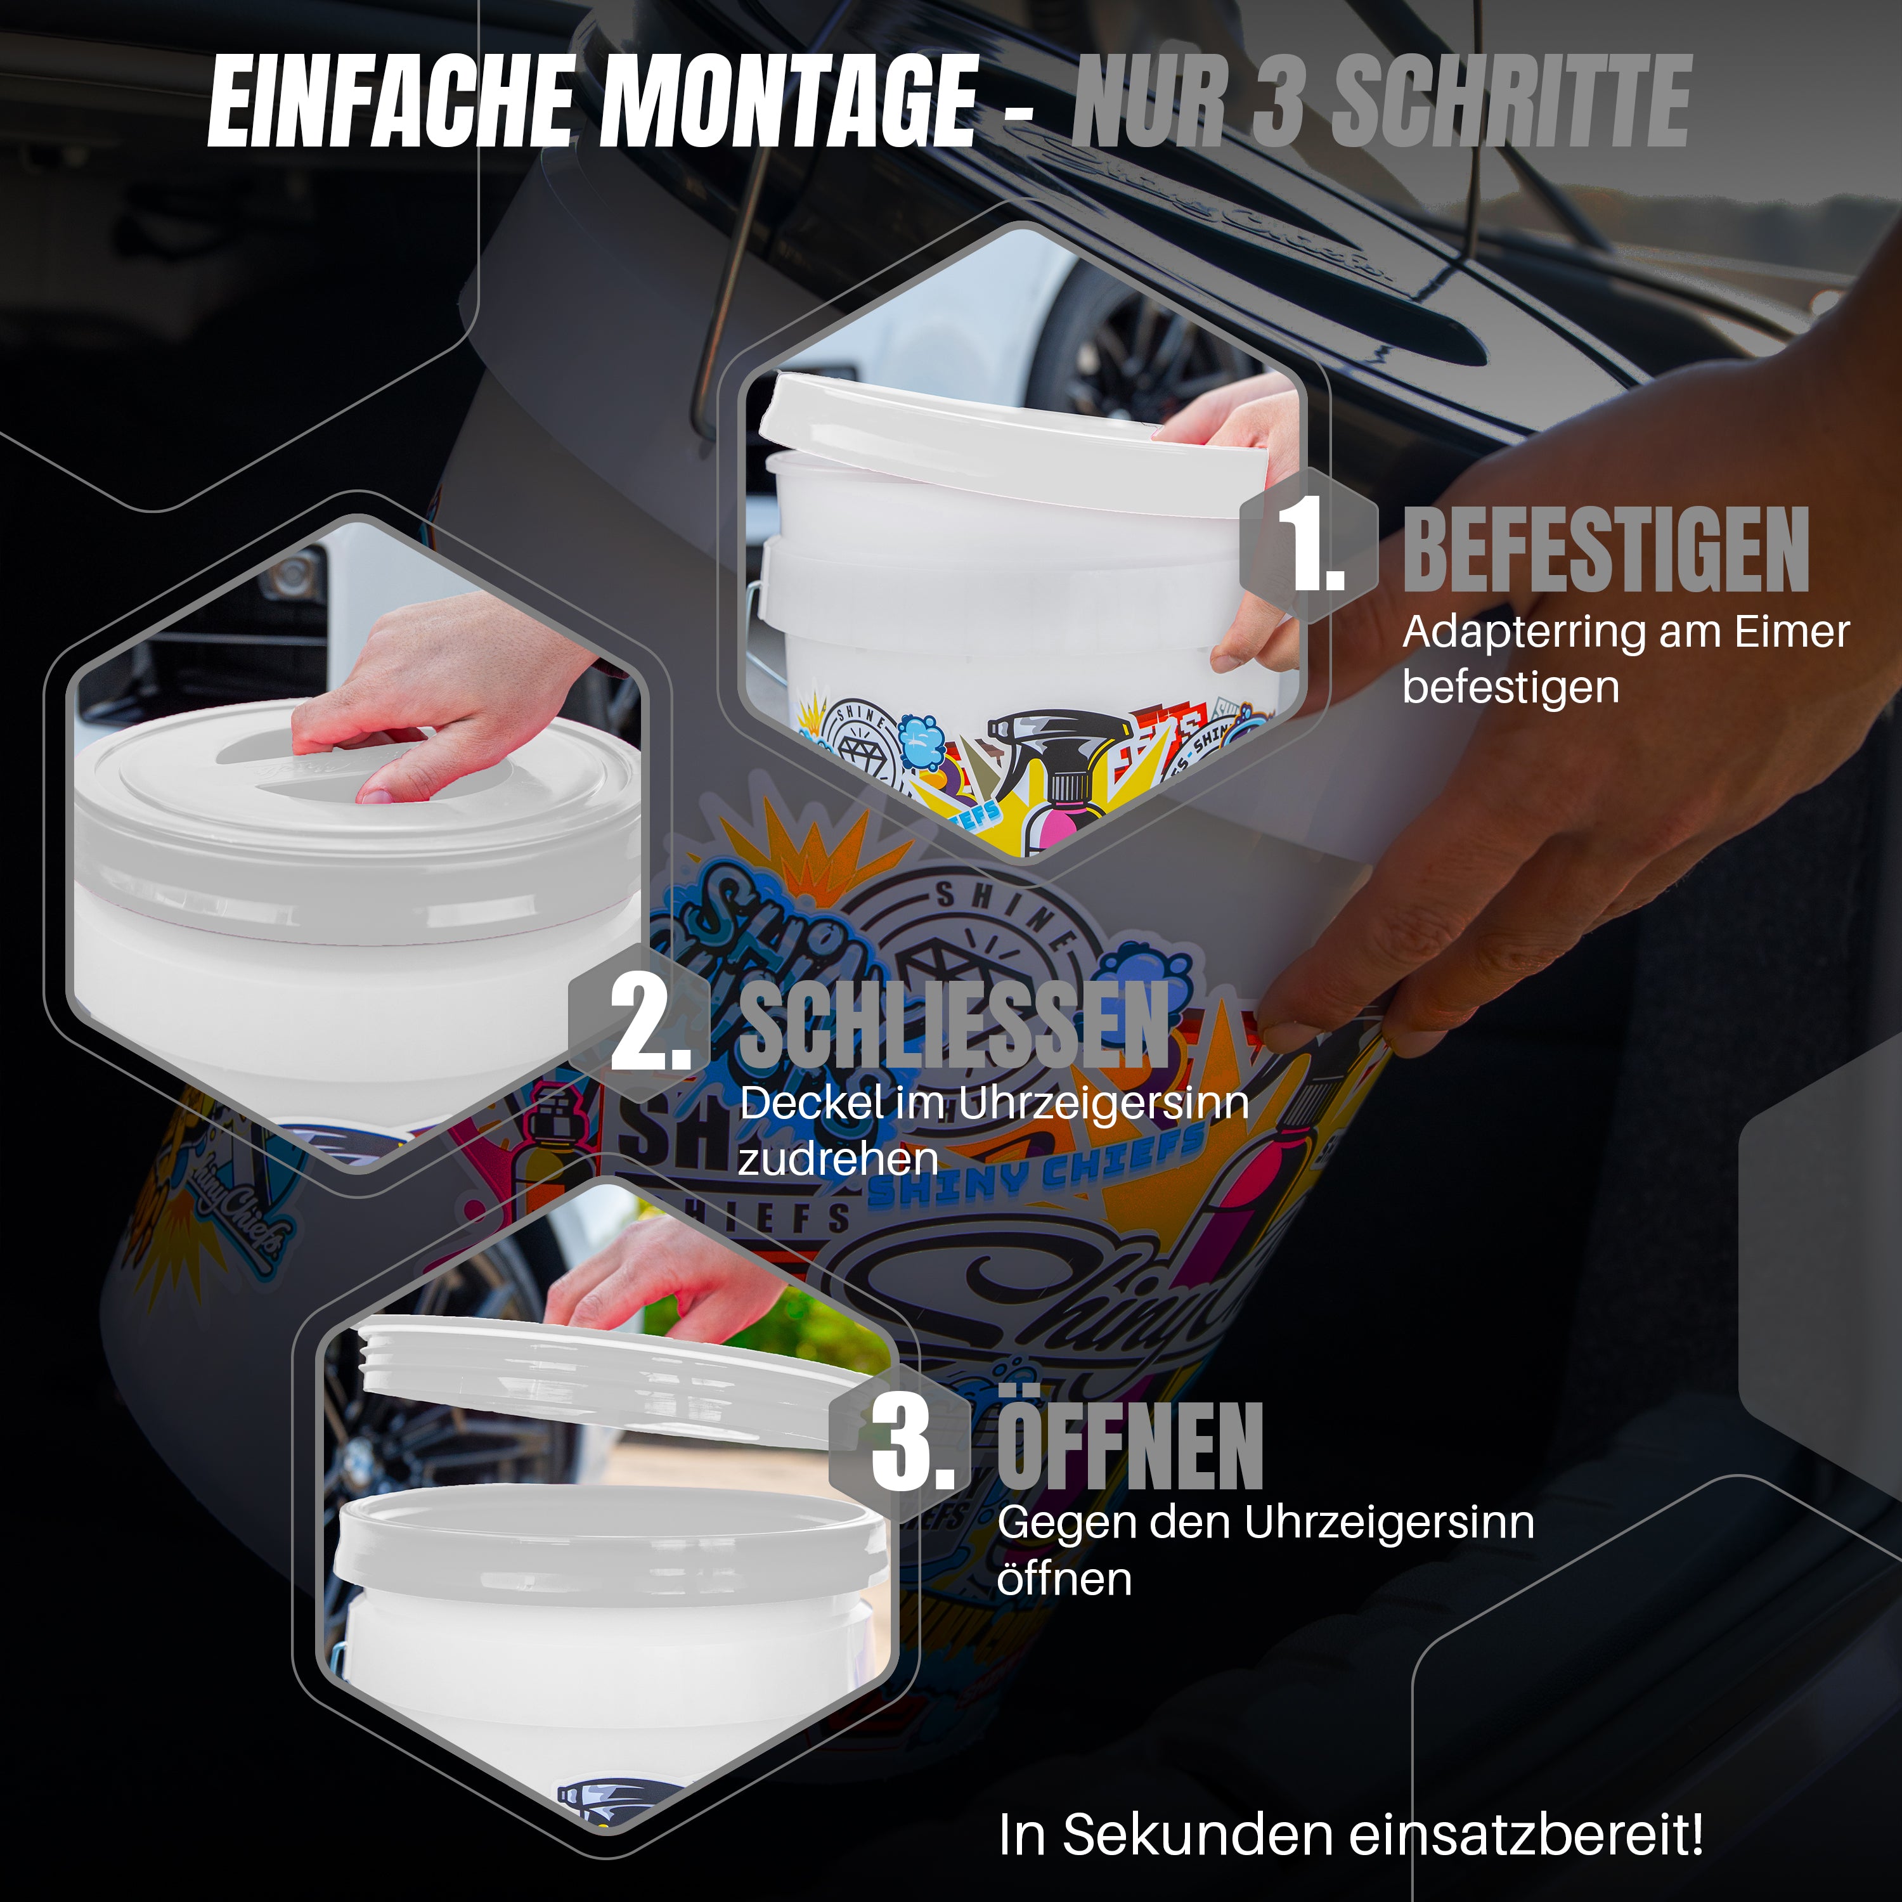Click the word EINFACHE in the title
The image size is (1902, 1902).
[390, 101]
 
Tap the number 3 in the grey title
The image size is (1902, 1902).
[1277, 101]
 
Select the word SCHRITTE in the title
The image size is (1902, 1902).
[1511, 101]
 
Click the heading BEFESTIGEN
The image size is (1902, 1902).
[1605, 552]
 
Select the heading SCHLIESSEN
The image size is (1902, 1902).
[953, 1026]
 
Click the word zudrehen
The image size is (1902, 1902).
[838, 1159]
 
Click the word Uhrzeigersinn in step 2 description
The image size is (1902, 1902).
[1102, 1104]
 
